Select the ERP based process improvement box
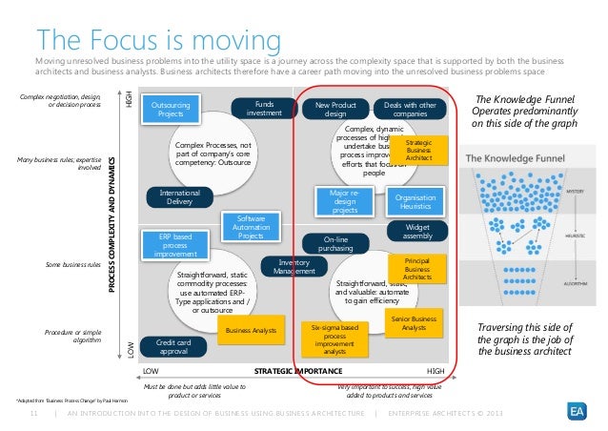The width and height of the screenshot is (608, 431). [172, 244]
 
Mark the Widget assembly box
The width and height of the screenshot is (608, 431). [411, 231]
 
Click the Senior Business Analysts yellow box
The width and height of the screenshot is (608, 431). [412, 322]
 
